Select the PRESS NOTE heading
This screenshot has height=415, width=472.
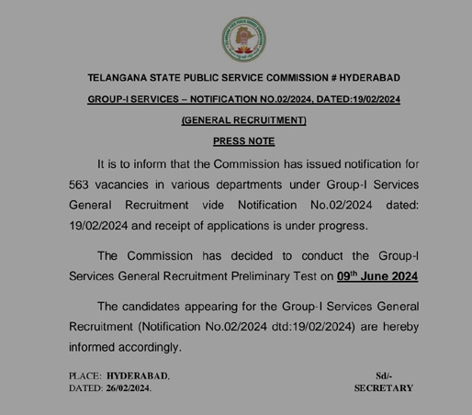click(243, 141)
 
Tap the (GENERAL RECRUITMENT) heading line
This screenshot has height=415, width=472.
click(243, 120)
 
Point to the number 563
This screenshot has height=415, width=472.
click(84, 185)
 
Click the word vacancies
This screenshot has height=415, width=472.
click(137, 185)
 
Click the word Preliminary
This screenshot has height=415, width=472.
click(250, 275)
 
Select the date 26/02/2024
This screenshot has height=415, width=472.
click(129, 389)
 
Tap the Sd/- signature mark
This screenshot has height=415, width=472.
click(384, 376)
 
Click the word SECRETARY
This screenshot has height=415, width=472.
click(384, 389)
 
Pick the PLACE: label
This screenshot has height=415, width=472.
click(86, 376)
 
